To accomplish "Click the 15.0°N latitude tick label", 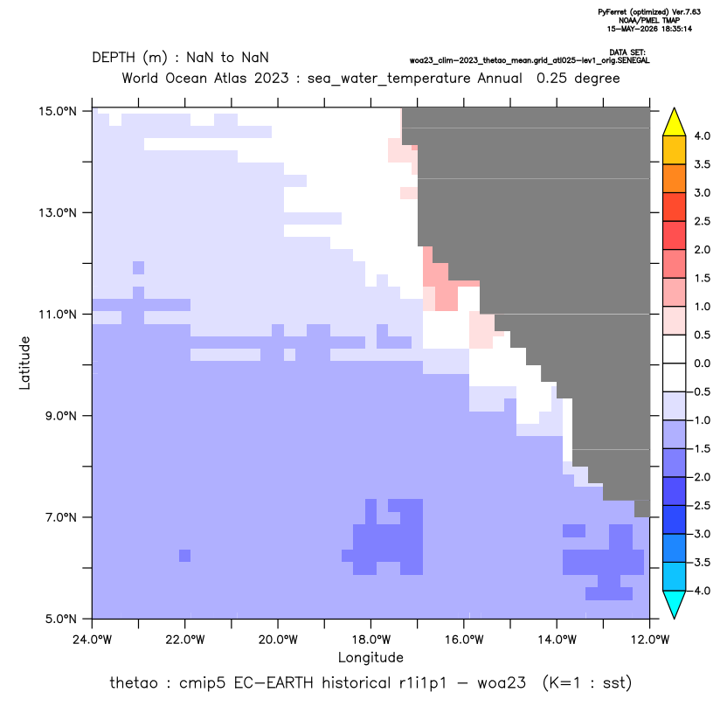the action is tap(58, 111).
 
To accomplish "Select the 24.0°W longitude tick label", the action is tap(93, 640).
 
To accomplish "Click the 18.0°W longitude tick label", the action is tap(370, 640).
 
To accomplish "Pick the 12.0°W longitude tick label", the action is tap(650, 640).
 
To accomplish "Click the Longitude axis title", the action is tap(370, 657).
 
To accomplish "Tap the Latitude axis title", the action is tap(24, 363).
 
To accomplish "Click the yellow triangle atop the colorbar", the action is tap(675, 122).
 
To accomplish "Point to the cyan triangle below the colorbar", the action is tap(675, 605).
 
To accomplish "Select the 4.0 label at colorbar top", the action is tap(702, 135).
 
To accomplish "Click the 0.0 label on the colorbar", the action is tap(702, 363).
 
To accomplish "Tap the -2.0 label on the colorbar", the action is tap(700, 477).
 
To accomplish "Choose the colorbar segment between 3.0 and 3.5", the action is tap(675, 178).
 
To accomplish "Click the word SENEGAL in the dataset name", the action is tap(634, 61).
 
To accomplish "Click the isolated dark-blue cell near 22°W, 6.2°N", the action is tap(184, 556).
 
